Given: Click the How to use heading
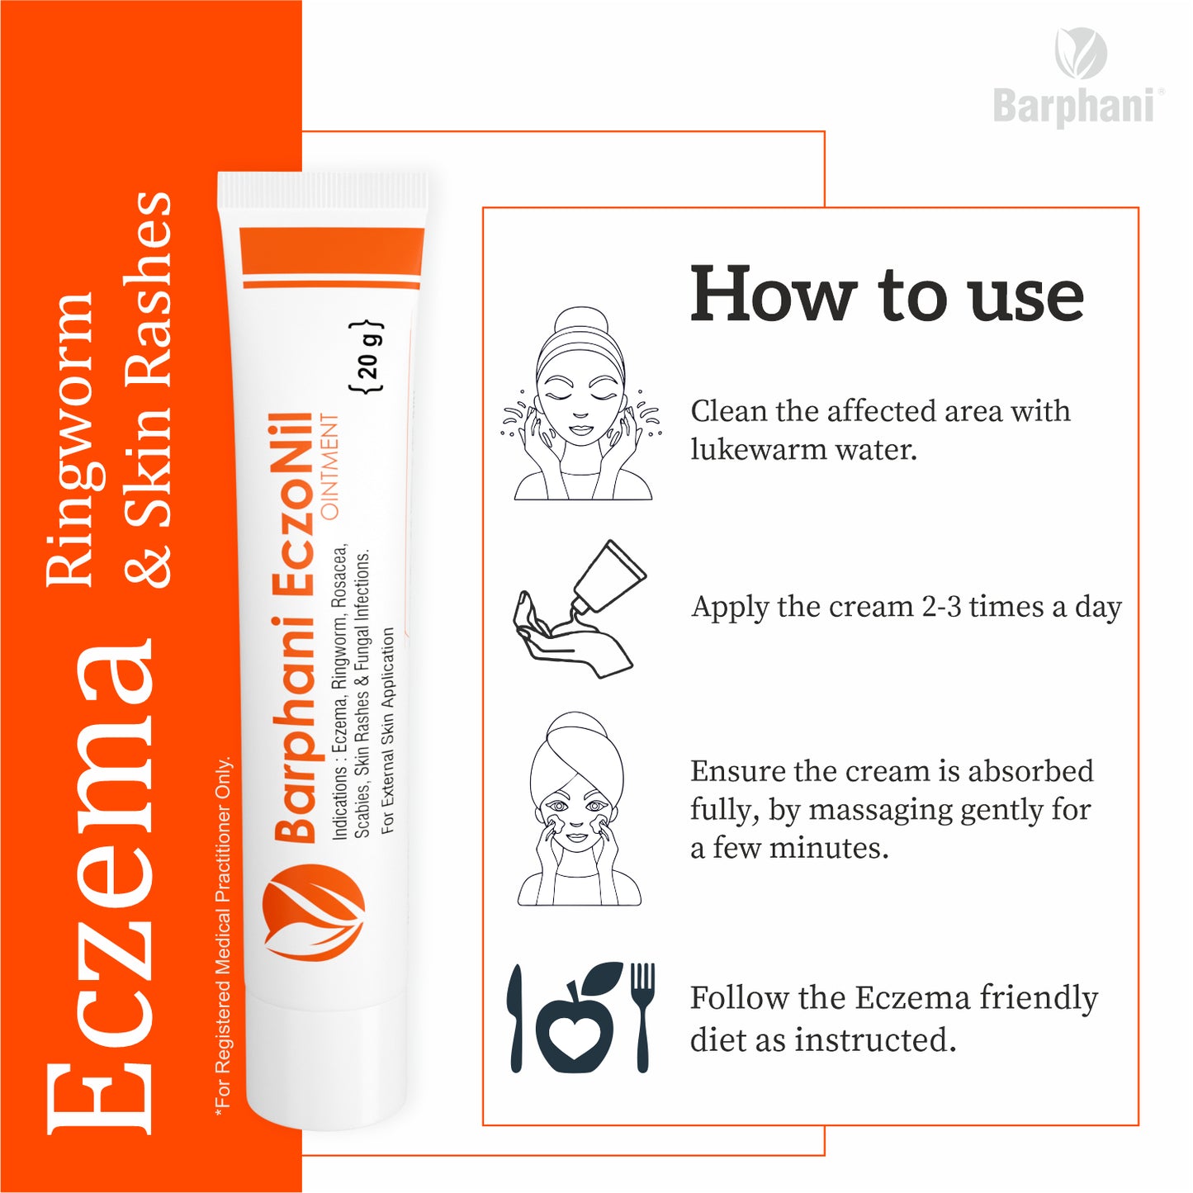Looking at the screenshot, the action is [x=887, y=294].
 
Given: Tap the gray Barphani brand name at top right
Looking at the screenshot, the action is [x=1074, y=107].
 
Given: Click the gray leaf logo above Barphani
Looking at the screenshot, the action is [x=1081, y=53].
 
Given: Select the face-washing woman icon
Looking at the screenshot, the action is [x=581, y=404].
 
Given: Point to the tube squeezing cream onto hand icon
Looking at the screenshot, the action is [x=580, y=608].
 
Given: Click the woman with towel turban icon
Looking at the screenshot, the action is [x=580, y=808].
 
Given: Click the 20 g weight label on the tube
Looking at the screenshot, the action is [x=368, y=357].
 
